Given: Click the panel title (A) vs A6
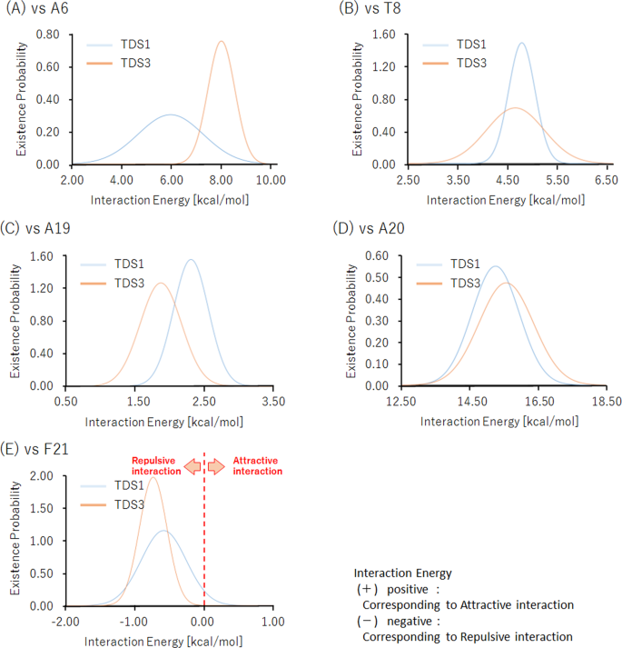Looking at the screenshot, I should [x=38, y=9].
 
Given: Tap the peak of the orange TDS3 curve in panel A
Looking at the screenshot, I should [x=222, y=41].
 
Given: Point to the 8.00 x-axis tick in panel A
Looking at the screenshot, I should [x=222, y=179].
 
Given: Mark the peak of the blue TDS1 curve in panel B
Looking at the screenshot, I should [x=522, y=43].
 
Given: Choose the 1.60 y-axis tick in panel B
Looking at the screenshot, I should [x=383, y=35].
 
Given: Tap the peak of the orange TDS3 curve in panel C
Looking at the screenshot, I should [x=161, y=284].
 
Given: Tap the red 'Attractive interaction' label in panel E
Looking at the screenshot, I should [x=258, y=465].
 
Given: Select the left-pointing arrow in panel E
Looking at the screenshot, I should [x=193, y=466].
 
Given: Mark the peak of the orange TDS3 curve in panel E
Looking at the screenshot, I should [x=153, y=477].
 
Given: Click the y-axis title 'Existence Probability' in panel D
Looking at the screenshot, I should [x=351, y=320].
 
